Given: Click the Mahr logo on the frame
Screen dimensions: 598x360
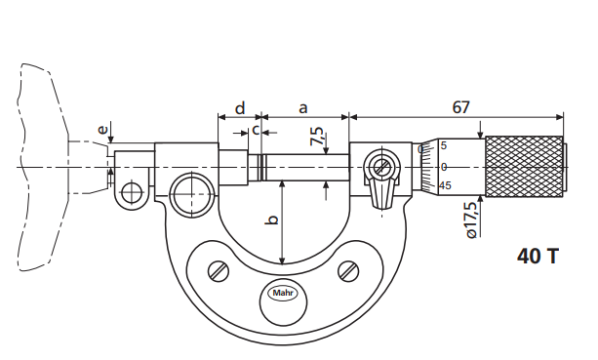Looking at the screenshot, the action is pos(283,294).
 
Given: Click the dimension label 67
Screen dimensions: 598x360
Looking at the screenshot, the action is pos(460,107).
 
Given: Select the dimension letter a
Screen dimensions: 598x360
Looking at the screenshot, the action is pos(302,108).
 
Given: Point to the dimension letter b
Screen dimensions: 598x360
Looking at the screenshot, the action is pos(272,220).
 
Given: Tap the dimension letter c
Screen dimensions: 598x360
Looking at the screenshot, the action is pos(256,131).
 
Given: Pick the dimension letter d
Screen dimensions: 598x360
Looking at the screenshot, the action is pos(240,108).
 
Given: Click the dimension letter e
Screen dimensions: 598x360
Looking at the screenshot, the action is pos(102,130).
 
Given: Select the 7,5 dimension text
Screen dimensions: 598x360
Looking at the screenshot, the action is pos(317,137).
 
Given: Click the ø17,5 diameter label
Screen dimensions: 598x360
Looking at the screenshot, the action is pos(471,220).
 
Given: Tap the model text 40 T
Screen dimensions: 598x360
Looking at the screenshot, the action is pos(538,256).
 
